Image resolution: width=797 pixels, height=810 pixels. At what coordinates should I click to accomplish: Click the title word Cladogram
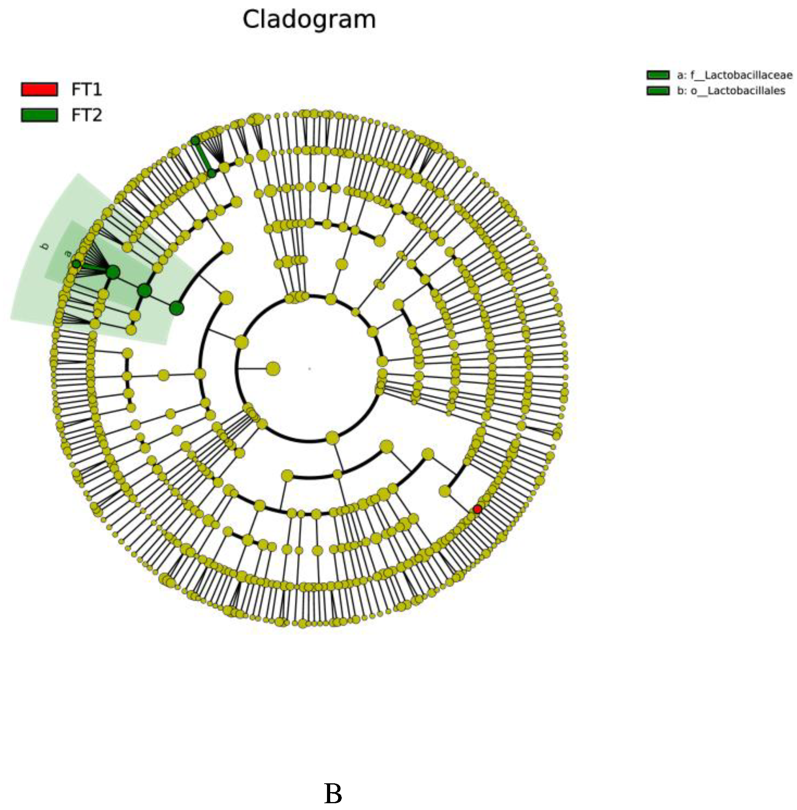pyautogui.click(x=309, y=20)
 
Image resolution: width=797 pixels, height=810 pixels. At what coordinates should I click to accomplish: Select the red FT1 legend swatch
pyautogui.click(x=39, y=89)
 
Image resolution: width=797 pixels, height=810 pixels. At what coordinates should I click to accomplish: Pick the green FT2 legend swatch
pyautogui.click(x=39, y=115)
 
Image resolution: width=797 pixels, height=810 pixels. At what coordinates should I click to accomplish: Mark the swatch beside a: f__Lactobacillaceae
pyautogui.click(x=658, y=75)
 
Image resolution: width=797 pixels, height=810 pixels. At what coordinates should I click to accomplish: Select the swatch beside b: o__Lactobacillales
pyautogui.click(x=658, y=91)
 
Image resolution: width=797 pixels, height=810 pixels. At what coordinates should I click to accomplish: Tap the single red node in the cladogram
pyautogui.click(x=477, y=509)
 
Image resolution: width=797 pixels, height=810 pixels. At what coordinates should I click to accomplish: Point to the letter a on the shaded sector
pyautogui.click(x=67, y=253)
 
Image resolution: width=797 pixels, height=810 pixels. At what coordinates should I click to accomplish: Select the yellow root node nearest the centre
pyautogui.click(x=273, y=369)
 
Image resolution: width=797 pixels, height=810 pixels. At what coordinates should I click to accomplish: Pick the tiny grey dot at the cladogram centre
pyautogui.click(x=309, y=369)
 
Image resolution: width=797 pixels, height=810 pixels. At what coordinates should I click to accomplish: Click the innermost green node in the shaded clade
pyautogui.click(x=176, y=309)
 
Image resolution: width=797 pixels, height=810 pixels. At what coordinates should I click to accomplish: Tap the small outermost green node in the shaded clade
pyautogui.click(x=76, y=264)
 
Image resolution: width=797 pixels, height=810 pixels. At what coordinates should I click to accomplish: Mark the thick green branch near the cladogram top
pyautogui.click(x=204, y=157)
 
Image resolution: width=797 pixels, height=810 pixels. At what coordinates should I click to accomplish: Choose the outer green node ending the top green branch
pyautogui.click(x=196, y=141)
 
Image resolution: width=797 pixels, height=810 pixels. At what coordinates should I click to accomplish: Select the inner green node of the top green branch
pyautogui.click(x=212, y=173)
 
